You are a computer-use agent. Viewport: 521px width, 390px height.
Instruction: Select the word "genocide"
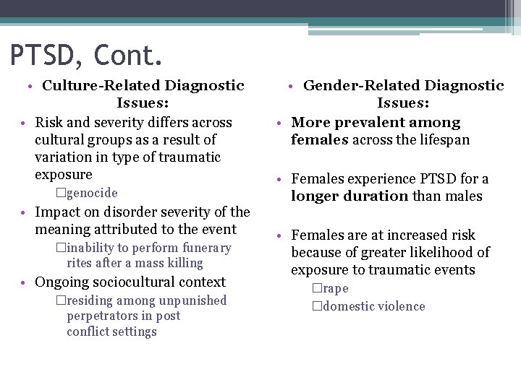click(92, 194)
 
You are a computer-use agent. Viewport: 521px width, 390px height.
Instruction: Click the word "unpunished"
click(190, 301)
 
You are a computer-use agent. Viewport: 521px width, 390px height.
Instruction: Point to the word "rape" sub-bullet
click(336, 289)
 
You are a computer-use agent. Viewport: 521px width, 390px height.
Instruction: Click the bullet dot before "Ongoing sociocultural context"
click(25, 283)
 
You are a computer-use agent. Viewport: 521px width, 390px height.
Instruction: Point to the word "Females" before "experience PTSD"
click(318, 179)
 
